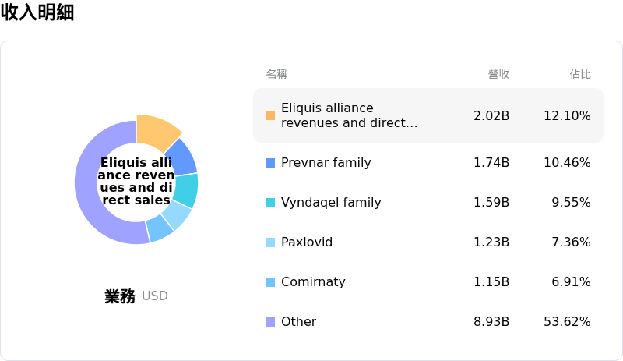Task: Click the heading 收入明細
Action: (x=37, y=12)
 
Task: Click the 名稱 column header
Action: (x=276, y=74)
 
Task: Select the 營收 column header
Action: (x=498, y=74)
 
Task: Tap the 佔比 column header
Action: (x=580, y=74)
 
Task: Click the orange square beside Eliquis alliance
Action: (x=270, y=115)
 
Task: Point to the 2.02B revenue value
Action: (x=491, y=115)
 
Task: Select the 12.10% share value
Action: (x=567, y=115)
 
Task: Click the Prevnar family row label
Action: (x=326, y=163)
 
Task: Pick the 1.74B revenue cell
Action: (x=491, y=163)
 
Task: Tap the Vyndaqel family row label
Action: (x=331, y=203)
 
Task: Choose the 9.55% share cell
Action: (x=571, y=203)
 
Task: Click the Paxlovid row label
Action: (x=307, y=242)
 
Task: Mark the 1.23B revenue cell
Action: (x=491, y=242)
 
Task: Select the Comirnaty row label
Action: (x=313, y=282)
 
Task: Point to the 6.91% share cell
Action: (x=571, y=282)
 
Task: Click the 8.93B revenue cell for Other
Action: (x=491, y=322)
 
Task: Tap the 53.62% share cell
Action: (x=567, y=322)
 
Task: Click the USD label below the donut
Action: (x=155, y=296)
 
